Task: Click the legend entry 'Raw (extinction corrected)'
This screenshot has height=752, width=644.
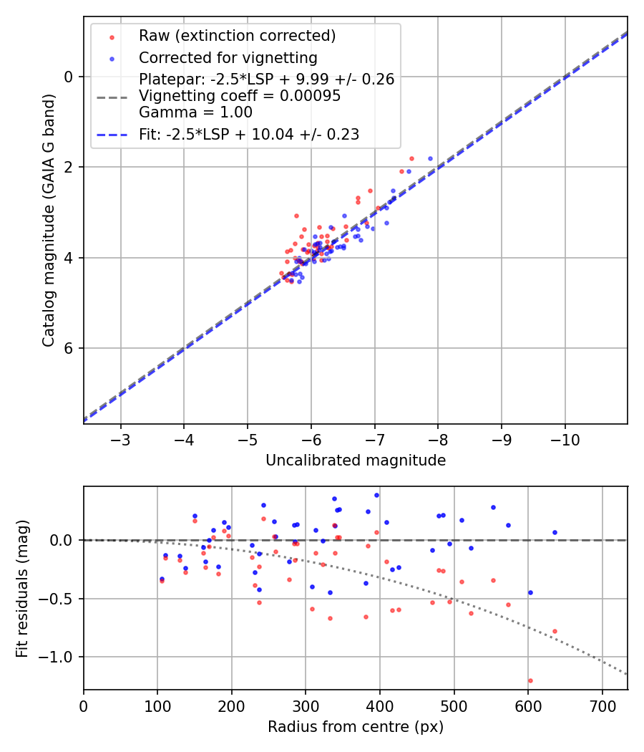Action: [237, 36]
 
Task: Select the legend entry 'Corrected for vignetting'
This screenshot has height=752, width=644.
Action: [228, 57]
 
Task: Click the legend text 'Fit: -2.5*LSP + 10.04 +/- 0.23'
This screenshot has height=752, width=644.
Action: [248, 134]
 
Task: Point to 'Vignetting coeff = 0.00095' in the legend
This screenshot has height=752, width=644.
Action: [240, 96]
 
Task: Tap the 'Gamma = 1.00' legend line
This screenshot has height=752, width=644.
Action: [195, 112]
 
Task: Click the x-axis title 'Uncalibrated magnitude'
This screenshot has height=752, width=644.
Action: [356, 461]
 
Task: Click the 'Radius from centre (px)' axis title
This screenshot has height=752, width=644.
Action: [356, 727]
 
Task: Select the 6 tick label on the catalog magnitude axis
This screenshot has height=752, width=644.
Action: [69, 349]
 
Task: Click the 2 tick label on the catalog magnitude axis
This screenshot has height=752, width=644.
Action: [69, 168]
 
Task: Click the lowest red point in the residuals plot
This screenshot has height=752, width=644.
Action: [530, 680]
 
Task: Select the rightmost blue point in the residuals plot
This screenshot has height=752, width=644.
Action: [555, 532]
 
